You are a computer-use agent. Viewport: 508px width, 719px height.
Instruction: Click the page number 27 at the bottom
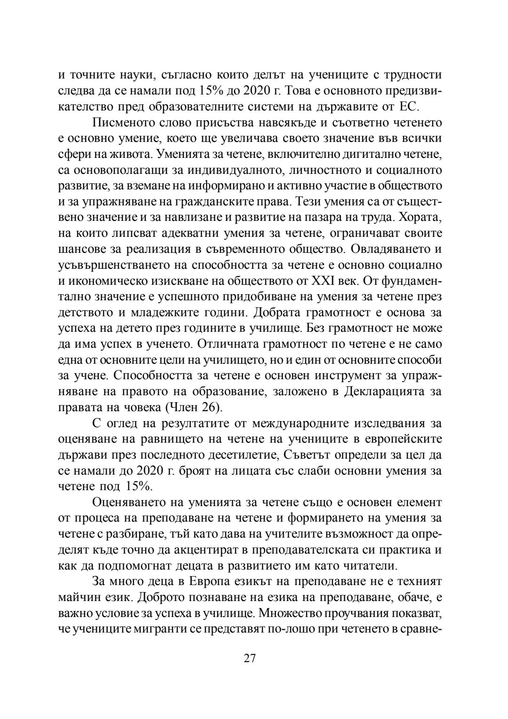[x=250, y=658]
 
